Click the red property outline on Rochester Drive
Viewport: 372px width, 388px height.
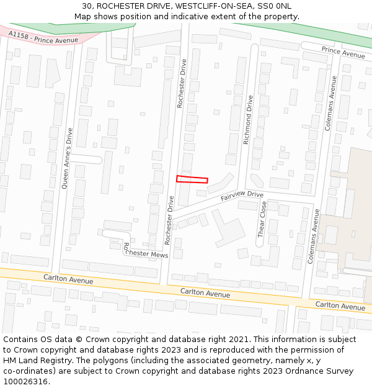point(192,179)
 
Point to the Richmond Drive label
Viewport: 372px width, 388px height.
point(248,120)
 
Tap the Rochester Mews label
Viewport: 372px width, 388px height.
point(146,251)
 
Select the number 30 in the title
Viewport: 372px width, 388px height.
point(87,6)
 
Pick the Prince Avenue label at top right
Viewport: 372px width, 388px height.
point(343,52)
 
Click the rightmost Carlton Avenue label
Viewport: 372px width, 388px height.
point(340,305)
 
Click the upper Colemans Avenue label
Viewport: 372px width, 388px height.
point(331,102)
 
